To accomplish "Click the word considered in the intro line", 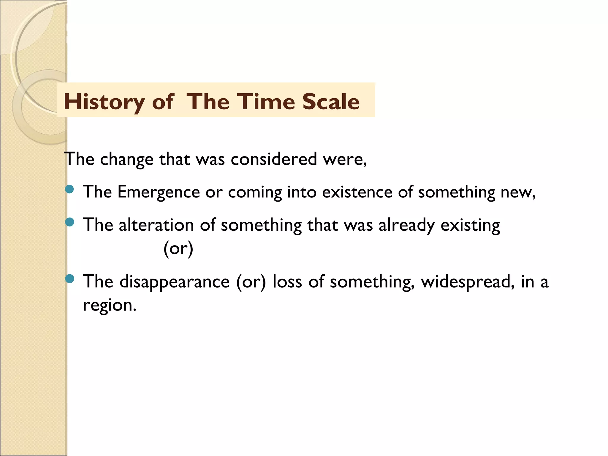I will pos(274,159).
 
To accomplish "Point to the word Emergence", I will pos(159,192).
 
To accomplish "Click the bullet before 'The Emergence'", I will pos(69,189).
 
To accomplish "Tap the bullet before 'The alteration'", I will pos(69,222).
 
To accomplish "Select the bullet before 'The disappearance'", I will pos(69,278).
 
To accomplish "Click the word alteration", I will pos(156,225).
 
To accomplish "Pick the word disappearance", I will pos(175,281).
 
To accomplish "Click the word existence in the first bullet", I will pos(357,192).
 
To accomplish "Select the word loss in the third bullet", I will pos(287,281).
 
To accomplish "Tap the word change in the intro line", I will pos(127,159).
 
